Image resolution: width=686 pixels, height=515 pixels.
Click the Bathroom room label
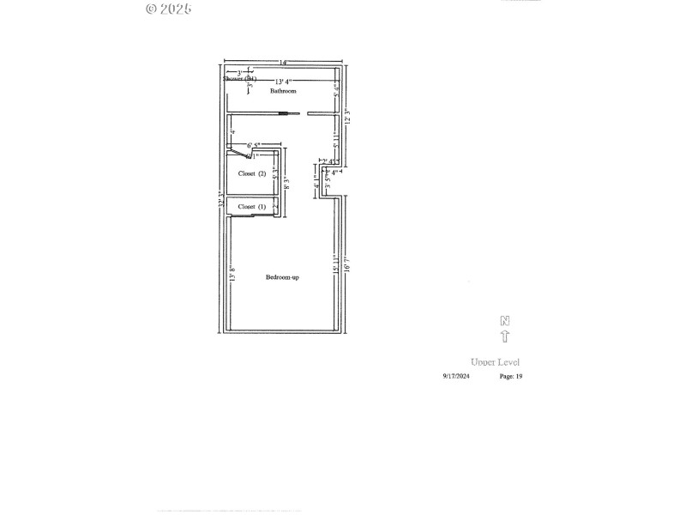tap(283, 90)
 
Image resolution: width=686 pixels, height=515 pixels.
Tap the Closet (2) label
tap(252, 173)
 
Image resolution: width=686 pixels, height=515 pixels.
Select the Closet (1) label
tap(252, 207)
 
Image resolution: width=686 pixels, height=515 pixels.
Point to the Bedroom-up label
tap(282, 276)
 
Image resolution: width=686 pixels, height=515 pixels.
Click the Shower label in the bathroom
tap(239, 79)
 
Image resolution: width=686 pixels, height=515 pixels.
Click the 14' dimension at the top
tap(283, 63)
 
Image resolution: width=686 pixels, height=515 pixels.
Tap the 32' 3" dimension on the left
tap(221, 203)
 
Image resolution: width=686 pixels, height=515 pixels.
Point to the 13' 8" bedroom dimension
tap(232, 275)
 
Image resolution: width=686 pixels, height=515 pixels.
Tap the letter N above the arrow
tap(505, 321)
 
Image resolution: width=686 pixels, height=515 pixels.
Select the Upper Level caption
tap(495, 362)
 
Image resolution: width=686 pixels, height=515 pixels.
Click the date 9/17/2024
tap(456, 376)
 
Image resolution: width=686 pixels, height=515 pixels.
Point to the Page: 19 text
tap(511, 376)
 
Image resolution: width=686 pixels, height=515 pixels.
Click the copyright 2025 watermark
tap(168, 9)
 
